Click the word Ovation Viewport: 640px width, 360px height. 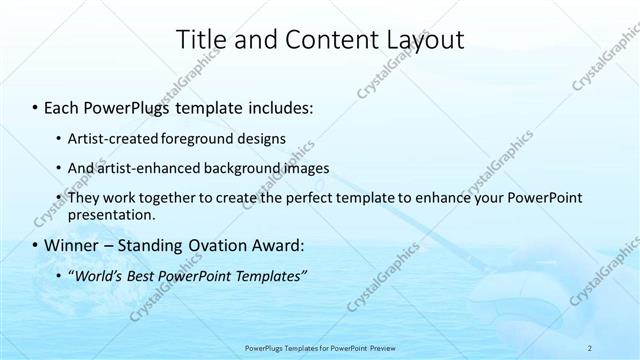coord(216,246)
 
